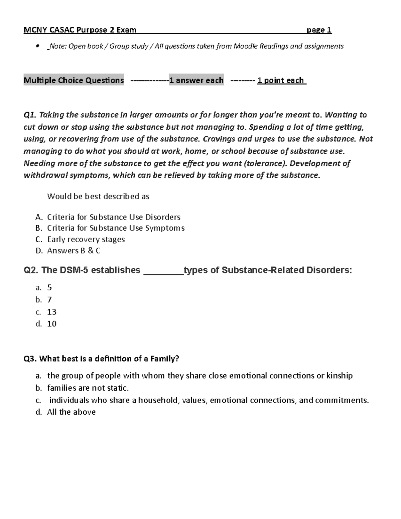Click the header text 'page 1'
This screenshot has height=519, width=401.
319,30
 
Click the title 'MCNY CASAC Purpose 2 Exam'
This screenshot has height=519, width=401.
80,30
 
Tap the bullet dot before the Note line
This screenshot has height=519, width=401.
37,46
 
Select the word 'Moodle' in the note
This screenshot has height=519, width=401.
246,46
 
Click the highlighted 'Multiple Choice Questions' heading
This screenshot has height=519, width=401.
74,80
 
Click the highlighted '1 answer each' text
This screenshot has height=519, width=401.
196,80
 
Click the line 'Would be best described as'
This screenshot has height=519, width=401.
98,196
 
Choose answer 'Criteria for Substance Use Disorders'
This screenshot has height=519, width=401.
114,217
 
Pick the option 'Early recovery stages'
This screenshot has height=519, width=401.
86,239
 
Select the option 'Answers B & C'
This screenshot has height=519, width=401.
74,251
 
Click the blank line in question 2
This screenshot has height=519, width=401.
163,271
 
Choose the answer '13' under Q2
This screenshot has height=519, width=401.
52,312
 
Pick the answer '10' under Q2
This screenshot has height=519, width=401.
52,324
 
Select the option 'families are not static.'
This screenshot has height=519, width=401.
88,388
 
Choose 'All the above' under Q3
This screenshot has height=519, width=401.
71,412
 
